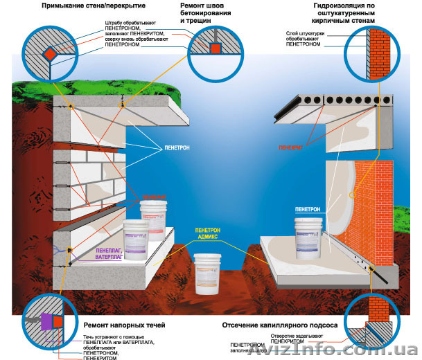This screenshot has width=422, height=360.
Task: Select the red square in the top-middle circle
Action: pyautogui.click(x=215, y=48)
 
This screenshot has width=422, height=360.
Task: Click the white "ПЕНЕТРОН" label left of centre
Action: pyautogui.click(x=177, y=147)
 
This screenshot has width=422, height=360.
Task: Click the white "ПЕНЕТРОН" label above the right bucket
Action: pyautogui.click(x=307, y=208)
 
